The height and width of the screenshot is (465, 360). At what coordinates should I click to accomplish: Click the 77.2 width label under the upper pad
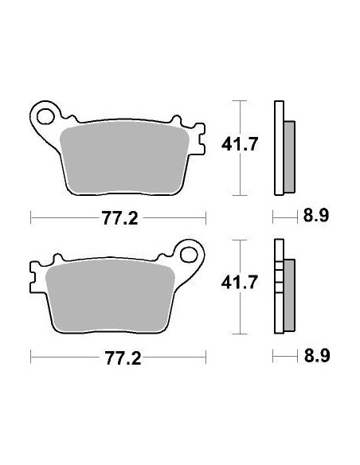click(118, 216)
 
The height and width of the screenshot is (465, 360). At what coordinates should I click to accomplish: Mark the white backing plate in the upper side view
click(278, 150)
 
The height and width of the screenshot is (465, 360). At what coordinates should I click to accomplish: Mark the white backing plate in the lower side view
click(278, 287)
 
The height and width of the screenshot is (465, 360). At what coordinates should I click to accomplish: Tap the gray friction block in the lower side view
click(288, 295)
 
